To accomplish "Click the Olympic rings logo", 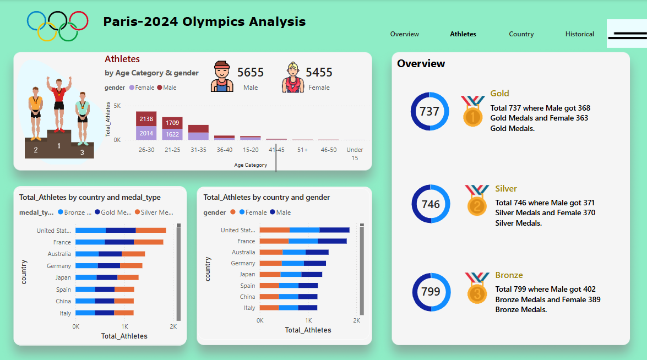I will (x=57, y=25).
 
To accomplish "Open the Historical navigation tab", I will (x=579, y=34).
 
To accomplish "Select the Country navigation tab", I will (x=521, y=34).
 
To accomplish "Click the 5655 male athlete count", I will (x=251, y=72).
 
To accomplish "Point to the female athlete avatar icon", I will (x=292, y=77).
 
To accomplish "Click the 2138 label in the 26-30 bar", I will (x=146, y=119).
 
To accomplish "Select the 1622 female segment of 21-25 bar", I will (x=172, y=134).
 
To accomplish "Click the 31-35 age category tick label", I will (x=198, y=150).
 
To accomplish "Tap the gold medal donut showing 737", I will (x=429, y=111).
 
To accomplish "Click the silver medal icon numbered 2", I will (x=476, y=201).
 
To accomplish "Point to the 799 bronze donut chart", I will (x=431, y=292).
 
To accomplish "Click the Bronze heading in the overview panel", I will (x=509, y=275).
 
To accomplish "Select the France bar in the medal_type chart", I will (x=119, y=242).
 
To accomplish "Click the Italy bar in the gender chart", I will (x=288, y=308).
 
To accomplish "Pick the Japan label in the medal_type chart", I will (x=63, y=277).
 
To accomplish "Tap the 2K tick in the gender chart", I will (x=356, y=320).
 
